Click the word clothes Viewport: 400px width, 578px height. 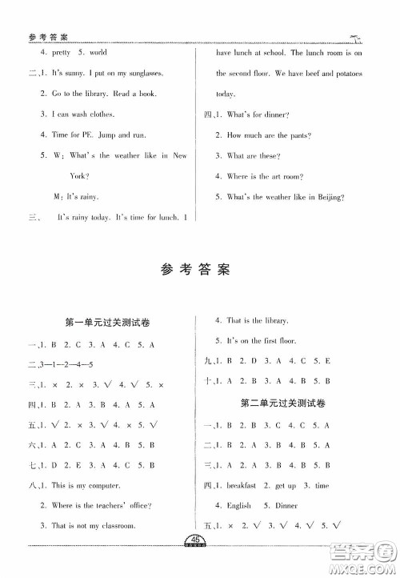click(x=106, y=114)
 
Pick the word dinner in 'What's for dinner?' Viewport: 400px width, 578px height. click(x=276, y=114)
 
